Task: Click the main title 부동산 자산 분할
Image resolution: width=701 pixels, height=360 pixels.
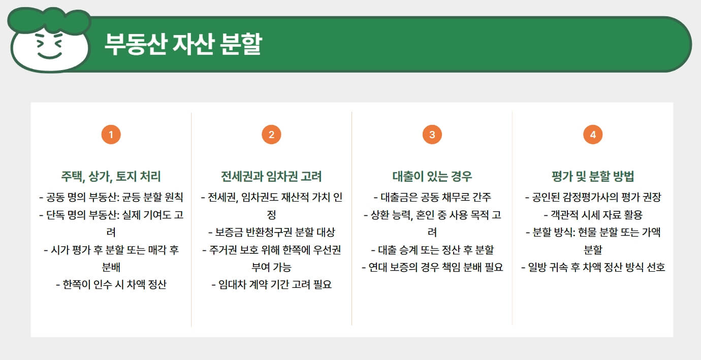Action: [182, 44]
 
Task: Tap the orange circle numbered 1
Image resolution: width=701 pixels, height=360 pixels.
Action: [111, 135]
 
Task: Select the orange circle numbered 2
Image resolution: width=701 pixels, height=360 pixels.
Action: [271, 135]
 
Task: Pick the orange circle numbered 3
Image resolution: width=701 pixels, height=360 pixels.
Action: [432, 135]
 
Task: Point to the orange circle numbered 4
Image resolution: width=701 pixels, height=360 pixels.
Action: [592, 135]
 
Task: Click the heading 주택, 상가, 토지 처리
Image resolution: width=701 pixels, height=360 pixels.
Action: [111, 177]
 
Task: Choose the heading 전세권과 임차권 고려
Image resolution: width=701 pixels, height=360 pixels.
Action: [271, 177]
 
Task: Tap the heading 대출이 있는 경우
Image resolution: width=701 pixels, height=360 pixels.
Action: [432, 177]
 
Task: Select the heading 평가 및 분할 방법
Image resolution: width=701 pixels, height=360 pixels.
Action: [592, 177]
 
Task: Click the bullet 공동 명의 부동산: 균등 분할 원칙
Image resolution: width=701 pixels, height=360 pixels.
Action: [111, 198]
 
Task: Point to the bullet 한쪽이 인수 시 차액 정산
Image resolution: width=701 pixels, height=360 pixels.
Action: [111, 284]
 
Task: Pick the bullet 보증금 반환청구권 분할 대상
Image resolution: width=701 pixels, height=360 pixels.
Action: [271, 232]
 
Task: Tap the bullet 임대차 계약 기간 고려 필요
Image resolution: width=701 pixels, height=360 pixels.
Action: [271, 284]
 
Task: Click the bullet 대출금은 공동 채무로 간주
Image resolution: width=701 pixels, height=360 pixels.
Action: [432, 198]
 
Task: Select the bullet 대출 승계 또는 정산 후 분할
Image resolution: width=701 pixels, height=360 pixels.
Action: [432, 250]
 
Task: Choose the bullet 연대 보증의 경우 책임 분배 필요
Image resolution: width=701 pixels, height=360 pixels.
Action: [432, 267]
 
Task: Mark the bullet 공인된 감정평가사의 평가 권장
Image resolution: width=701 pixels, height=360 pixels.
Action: [592, 198]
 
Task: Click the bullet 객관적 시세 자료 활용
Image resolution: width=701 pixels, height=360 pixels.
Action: [592, 215]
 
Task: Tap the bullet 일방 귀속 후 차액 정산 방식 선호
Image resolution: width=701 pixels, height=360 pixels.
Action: [592, 267]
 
